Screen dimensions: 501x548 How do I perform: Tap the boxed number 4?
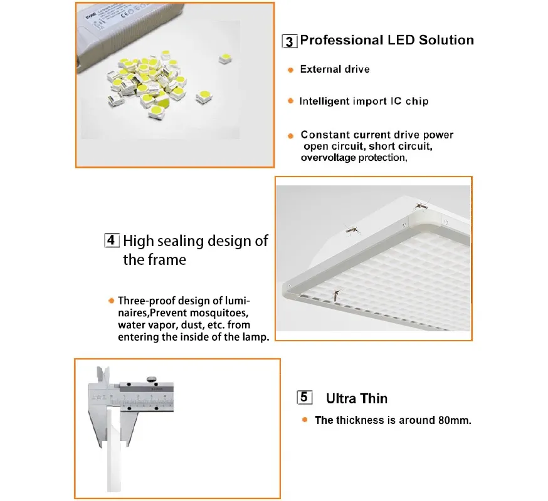[110, 240]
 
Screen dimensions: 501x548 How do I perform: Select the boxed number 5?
[303, 398]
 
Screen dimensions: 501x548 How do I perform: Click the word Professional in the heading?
[340, 40]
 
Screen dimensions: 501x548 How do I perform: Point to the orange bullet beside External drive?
[290, 70]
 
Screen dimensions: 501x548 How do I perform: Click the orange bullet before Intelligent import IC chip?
[290, 101]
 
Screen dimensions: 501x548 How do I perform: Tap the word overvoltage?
[328, 158]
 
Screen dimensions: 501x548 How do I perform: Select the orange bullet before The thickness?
[305, 420]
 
